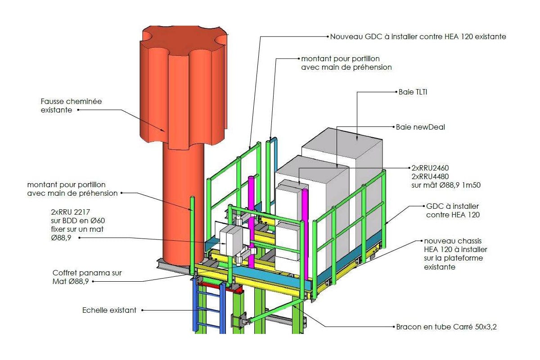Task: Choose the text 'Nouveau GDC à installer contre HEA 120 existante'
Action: point(418,36)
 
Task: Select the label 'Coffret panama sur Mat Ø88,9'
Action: point(87,277)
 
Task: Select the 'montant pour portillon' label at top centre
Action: point(346,63)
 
